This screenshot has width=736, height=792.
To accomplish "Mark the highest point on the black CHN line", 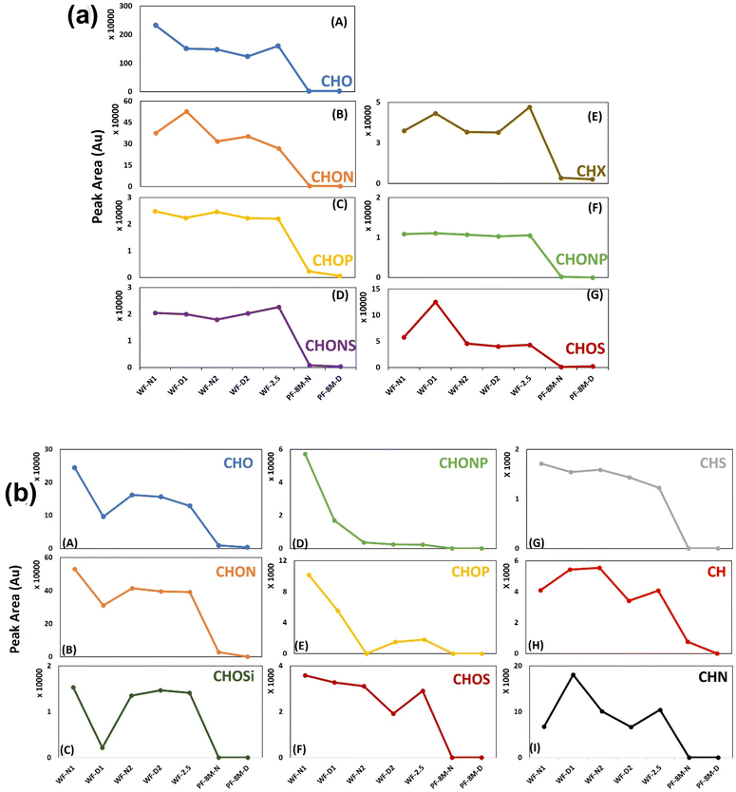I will [x=573, y=674].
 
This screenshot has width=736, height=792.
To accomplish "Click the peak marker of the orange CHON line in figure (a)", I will [x=186, y=111].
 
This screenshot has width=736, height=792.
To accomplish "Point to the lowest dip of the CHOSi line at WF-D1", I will [x=102, y=747].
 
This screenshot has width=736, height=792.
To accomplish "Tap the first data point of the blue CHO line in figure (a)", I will [x=156, y=26].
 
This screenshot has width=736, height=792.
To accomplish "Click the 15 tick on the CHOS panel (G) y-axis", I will [x=372, y=289].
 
